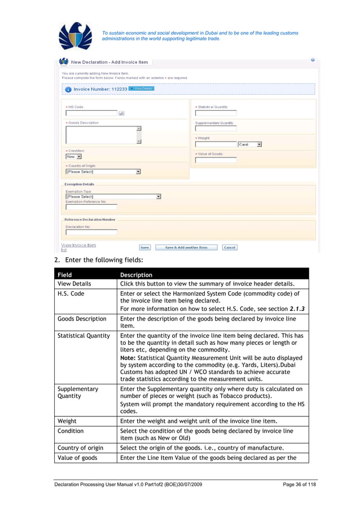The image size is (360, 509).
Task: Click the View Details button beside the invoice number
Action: coord(141,89)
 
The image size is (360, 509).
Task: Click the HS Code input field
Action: coord(91,113)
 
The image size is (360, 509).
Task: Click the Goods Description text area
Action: coord(101,135)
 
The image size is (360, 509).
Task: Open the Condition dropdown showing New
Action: coord(74,156)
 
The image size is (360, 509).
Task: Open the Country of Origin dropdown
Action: coord(103,172)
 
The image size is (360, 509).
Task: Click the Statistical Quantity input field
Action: coord(216,113)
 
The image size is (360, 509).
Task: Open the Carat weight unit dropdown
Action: coord(249,144)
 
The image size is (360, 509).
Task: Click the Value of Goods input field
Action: coord(216,160)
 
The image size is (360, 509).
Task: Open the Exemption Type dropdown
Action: coord(113,196)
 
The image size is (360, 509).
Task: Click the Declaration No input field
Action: coord(91,232)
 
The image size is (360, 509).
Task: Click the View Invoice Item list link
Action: coord(78,247)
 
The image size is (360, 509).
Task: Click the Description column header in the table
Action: coord(136,275)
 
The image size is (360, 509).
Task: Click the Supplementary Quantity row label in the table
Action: coord(78,392)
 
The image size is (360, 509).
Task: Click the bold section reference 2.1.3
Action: coord(297,309)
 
